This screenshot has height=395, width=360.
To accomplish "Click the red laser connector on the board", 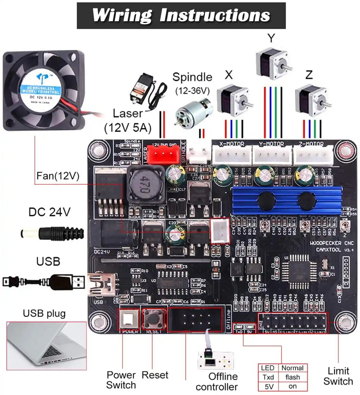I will pyautogui.click(x=161, y=154).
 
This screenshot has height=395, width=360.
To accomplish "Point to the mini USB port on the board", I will pyautogui.click(x=103, y=285).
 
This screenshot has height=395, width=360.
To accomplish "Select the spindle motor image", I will pyautogui.click(x=193, y=112).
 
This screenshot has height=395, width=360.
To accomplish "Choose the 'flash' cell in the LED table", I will pyautogui.click(x=292, y=377).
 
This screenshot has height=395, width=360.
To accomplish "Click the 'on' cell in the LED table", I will pyautogui.click(x=292, y=386).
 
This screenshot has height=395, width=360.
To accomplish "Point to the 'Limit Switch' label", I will pyautogui.click(x=338, y=376).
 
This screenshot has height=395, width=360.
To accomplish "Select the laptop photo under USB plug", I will pyautogui.click(x=46, y=345).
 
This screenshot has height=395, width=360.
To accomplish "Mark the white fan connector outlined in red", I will pyautogui.click(x=220, y=231).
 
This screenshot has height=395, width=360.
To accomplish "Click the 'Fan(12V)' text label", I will pyautogui.click(x=58, y=176).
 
